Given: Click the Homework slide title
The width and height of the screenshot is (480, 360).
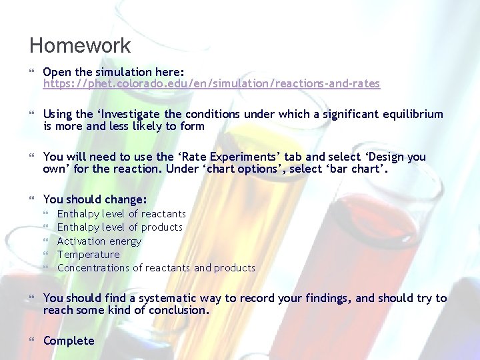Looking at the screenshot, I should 80,46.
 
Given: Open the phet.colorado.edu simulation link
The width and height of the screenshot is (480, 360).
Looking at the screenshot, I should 211,84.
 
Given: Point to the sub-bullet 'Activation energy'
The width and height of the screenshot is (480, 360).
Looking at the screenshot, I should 99,241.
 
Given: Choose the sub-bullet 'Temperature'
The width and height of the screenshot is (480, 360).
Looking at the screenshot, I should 89,254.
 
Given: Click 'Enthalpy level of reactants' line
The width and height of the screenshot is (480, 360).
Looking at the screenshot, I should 121,213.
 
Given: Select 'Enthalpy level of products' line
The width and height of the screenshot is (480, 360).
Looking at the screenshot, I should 119,227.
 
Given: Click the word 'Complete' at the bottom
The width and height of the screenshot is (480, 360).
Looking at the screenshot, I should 69,341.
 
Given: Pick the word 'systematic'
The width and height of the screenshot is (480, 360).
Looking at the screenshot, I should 175,298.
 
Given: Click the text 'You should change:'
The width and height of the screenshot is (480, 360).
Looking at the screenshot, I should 95,199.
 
